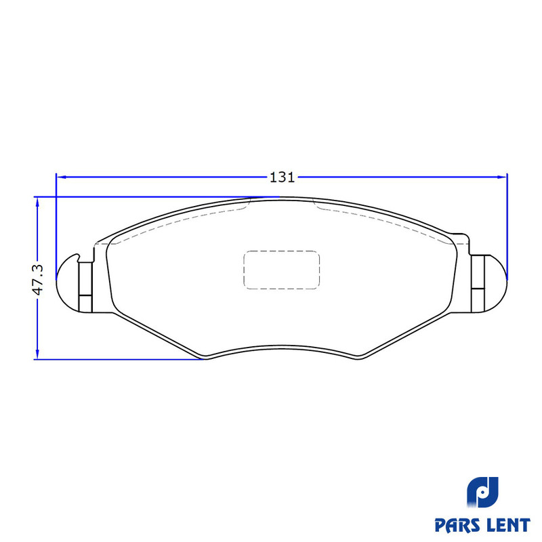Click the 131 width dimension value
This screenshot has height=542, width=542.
(282, 178)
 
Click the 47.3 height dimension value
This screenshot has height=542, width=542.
(38, 279)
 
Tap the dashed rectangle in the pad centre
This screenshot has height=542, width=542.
(282, 270)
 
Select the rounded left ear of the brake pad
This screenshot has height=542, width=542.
(68, 283)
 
